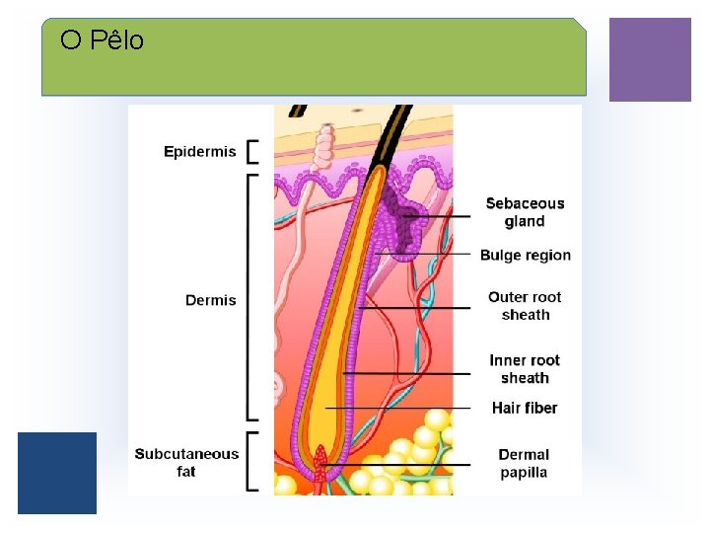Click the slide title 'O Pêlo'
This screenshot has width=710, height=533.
102,40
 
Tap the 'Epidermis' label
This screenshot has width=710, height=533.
200,151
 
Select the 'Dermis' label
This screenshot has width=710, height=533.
211,300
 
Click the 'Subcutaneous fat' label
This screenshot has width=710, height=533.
186,463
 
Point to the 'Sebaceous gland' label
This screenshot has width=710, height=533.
525,212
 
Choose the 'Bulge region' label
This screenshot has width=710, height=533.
525,256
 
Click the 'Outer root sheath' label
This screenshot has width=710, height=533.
525,306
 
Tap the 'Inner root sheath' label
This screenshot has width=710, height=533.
525,369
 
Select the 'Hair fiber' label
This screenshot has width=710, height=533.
525,408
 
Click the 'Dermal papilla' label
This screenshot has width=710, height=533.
524,463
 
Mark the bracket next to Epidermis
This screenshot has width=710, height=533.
251,151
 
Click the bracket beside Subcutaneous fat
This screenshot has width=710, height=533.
251,461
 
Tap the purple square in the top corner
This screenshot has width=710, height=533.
650,59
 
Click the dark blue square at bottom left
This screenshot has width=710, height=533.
57,473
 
